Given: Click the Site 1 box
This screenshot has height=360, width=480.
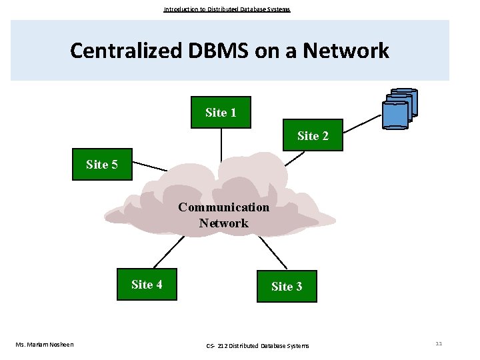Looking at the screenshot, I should point(221,112).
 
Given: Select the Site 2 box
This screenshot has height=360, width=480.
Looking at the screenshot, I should point(313,135).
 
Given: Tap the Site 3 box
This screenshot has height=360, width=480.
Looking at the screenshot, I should point(287,286).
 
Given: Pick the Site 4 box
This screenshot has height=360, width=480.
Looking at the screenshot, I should point(147,285).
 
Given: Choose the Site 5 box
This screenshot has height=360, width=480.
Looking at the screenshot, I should point(103,164).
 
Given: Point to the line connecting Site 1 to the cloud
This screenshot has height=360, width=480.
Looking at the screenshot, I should point(221,143).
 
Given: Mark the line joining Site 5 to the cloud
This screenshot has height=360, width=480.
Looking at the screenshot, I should point(150,167).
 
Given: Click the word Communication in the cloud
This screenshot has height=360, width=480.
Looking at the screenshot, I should point(224,207).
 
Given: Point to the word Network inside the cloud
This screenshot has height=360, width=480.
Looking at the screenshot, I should point(223,223).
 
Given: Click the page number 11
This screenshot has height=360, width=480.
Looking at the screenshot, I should point(439,343).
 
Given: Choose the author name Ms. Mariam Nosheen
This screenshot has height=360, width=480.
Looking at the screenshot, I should point(45,344).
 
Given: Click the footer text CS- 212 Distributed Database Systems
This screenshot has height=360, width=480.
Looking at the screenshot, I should point(257,345).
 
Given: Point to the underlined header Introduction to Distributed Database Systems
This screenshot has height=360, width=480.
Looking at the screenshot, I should point(227,9).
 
